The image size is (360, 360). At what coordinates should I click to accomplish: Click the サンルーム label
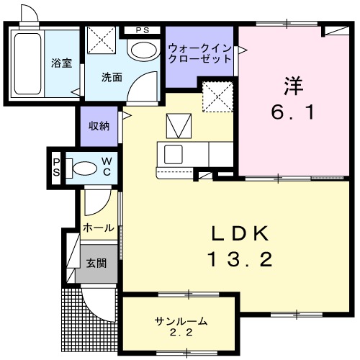180,320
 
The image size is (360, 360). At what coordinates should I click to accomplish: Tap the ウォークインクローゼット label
200,54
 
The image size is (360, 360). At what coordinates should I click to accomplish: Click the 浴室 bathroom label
60,63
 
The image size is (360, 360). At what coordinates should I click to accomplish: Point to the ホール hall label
98,228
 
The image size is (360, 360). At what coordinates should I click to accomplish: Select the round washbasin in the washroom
144,50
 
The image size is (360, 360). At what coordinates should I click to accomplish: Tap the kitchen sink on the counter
174,154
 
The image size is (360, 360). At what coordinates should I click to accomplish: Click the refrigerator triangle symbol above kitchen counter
176,127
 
